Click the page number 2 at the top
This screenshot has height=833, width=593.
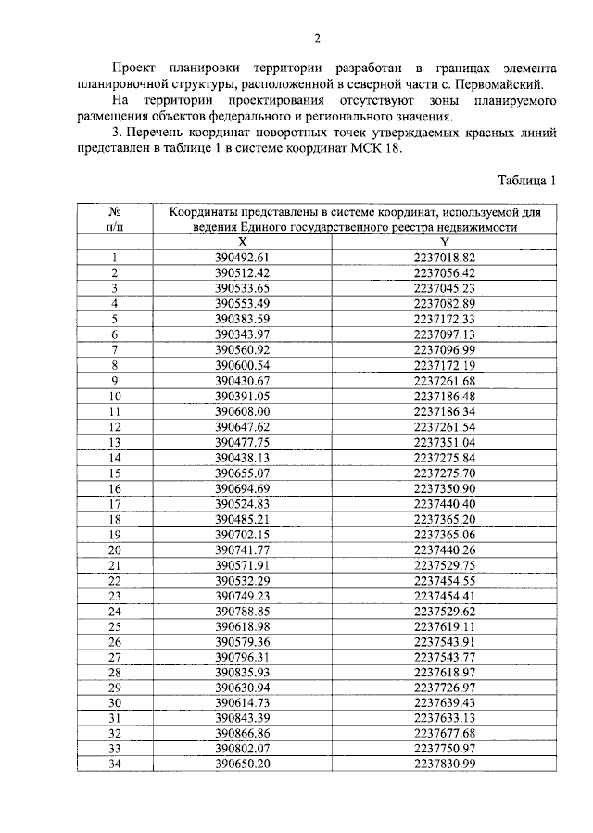click(317, 38)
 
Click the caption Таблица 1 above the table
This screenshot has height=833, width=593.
click(525, 181)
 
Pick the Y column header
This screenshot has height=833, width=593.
click(445, 240)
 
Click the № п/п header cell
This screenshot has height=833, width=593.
click(116, 220)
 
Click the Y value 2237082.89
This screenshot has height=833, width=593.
click(445, 303)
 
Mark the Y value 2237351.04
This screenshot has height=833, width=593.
click(445, 442)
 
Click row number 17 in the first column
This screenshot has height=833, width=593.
click(116, 503)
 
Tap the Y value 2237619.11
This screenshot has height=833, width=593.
click(445, 626)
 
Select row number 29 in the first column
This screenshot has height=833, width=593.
click(116, 688)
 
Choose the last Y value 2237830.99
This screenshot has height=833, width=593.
click(445, 764)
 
